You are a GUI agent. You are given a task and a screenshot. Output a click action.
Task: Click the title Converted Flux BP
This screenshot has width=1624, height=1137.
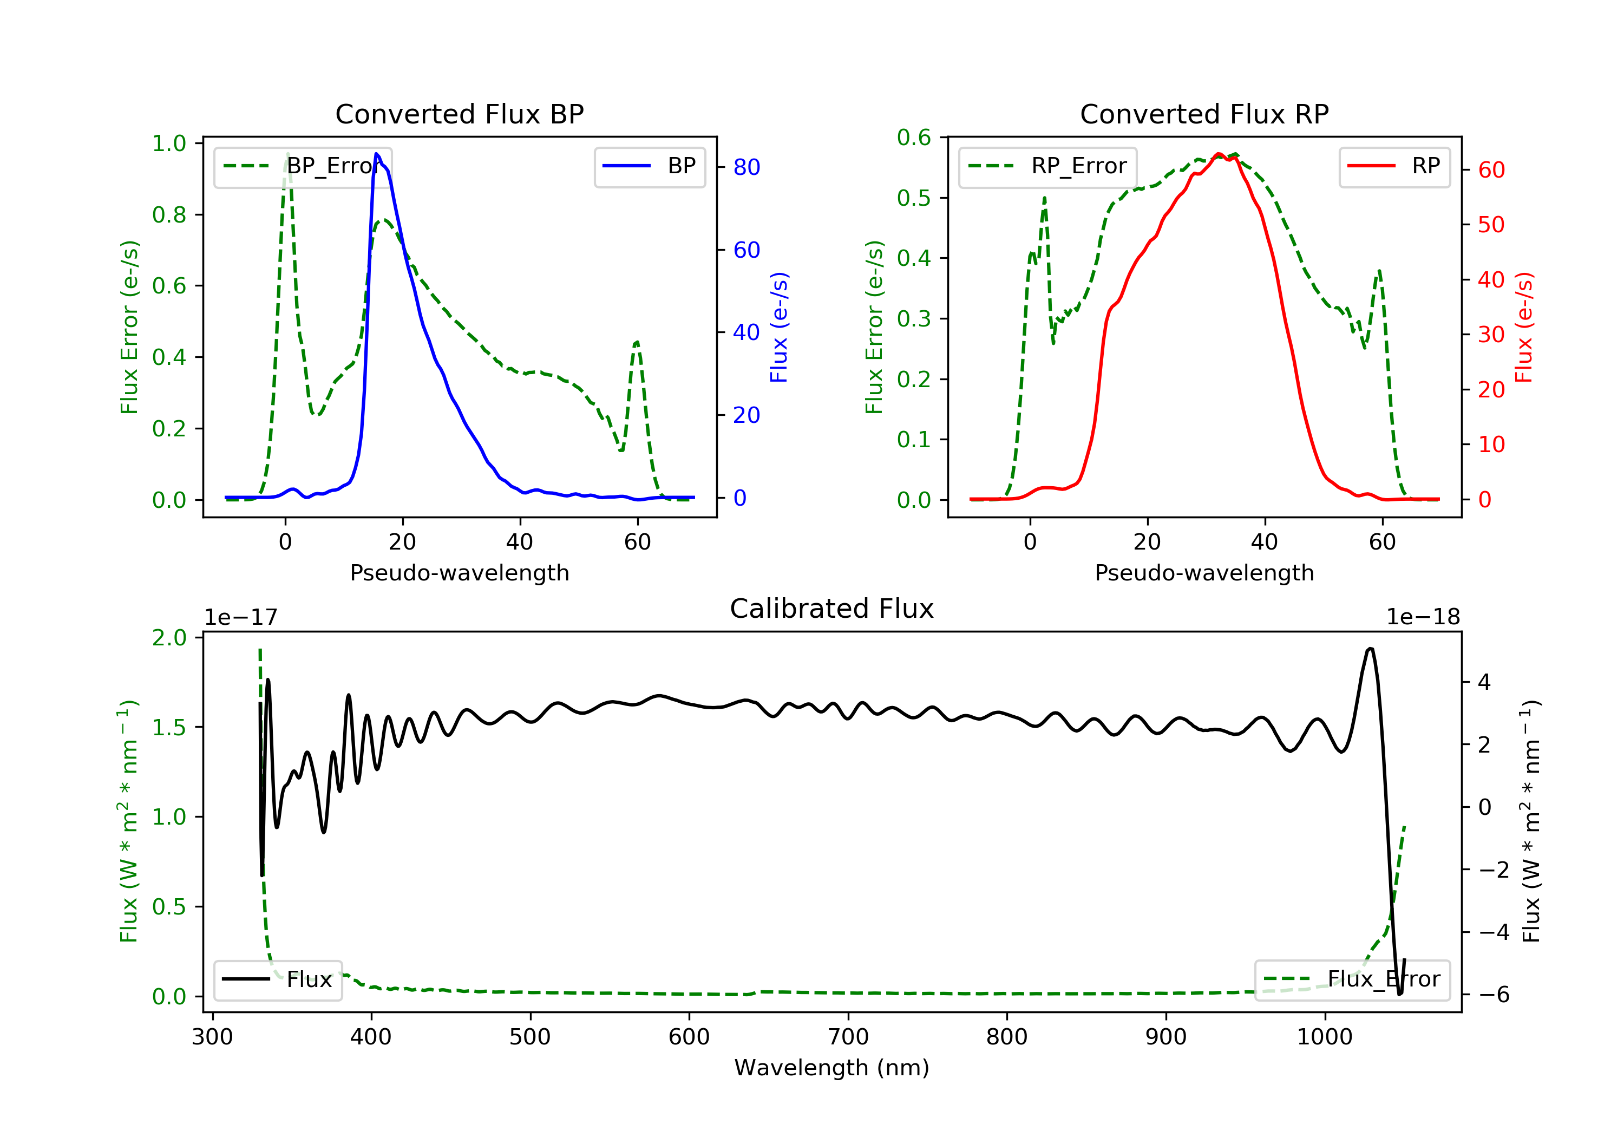(459, 114)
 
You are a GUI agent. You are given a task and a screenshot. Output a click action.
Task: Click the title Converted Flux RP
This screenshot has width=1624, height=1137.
(1204, 114)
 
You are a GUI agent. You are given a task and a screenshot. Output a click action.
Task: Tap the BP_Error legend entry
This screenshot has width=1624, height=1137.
(303, 166)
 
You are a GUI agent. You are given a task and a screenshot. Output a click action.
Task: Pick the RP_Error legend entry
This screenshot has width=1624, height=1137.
(1047, 166)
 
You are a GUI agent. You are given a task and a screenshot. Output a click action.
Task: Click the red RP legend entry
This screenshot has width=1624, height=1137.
(1394, 166)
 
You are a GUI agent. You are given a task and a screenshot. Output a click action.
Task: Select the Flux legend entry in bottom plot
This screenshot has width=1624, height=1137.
(278, 979)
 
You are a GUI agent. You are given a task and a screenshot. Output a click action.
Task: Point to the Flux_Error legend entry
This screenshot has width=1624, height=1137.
(1352, 979)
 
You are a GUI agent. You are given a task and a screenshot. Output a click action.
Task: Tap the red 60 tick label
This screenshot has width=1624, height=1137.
(1491, 170)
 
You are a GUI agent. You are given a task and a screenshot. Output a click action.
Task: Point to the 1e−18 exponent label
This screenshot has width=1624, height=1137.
(1423, 617)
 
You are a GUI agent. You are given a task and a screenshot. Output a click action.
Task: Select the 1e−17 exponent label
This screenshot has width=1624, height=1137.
(241, 617)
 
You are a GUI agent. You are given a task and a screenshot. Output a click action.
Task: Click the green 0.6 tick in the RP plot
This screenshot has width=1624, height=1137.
(914, 138)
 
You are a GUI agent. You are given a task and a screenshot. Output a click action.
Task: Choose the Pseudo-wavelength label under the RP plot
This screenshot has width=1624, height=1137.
(1204, 572)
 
